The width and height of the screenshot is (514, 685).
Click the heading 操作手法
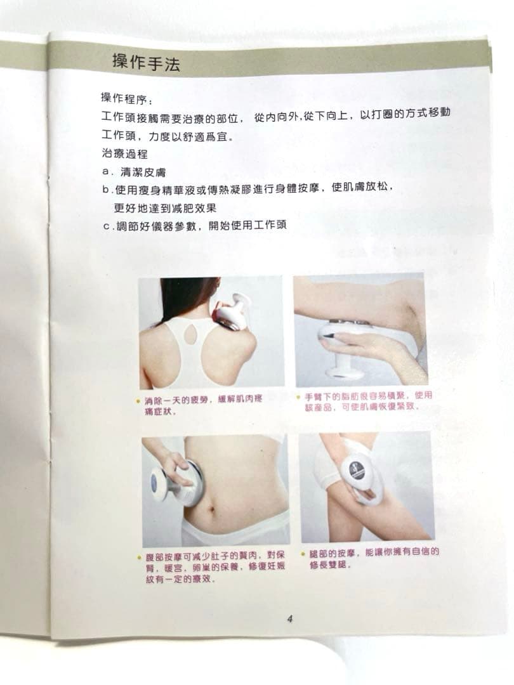(x=145, y=62)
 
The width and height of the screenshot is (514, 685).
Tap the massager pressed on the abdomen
(x=174, y=480)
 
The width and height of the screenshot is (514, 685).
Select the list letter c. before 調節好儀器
(x=107, y=226)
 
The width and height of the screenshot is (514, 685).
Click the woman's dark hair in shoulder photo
(x=179, y=298)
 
